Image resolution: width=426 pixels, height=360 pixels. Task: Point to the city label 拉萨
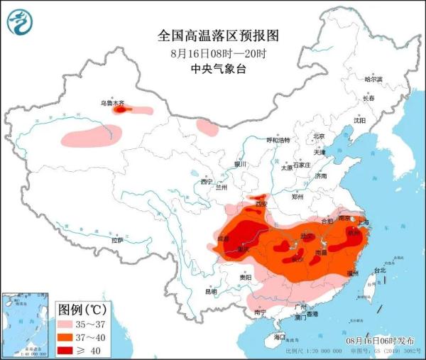coord(116,240)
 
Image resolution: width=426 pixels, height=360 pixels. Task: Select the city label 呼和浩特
coord(278,141)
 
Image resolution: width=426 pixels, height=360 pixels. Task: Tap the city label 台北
coord(378,271)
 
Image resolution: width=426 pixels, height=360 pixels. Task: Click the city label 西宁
coord(207,182)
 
